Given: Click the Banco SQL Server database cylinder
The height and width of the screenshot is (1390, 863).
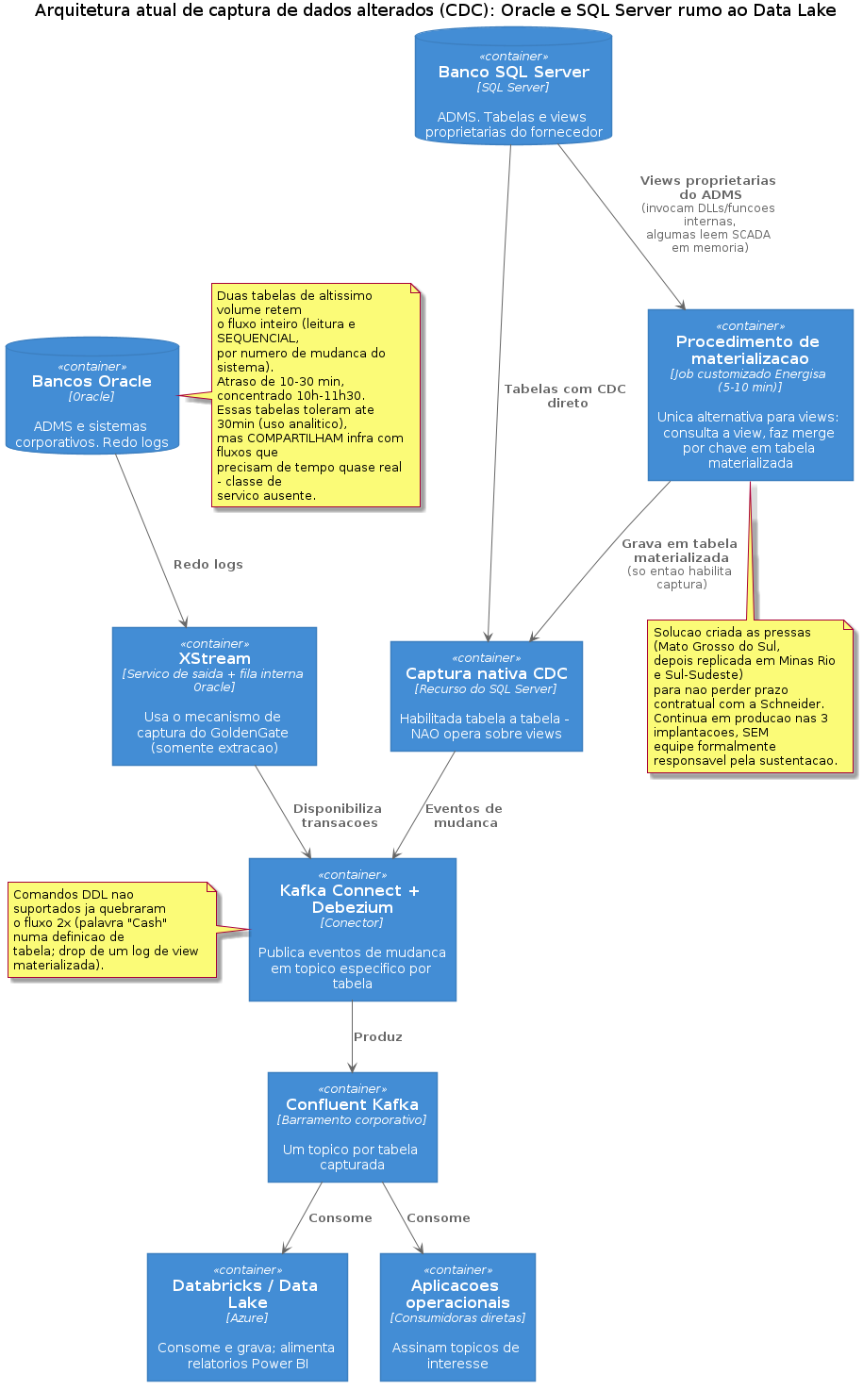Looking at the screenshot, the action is pyautogui.click(x=513, y=86).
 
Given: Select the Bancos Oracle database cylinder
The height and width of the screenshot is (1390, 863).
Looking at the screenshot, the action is pyautogui.click(x=91, y=395).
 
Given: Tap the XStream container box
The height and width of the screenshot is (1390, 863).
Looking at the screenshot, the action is pyautogui.click(x=214, y=696).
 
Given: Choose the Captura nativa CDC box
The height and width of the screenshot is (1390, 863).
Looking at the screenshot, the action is pyautogui.click(x=487, y=696).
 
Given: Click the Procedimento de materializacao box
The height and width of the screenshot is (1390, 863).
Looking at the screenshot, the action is pyautogui.click(x=750, y=395).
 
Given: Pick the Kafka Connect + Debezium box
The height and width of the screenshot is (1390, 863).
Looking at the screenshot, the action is pyautogui.click(x=353, y=930).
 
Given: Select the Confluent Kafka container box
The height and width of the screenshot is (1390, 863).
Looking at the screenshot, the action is pyautogui.click(x=353, y=1127).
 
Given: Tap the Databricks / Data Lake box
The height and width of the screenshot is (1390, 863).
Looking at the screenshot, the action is pyautogui.click(x=247, y=1316).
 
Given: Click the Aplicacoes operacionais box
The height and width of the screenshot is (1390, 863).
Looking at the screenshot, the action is pyautogui.click(x=457, y=1316).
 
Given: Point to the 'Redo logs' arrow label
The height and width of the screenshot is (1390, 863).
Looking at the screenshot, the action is pyautogui.click(x=207, y=565).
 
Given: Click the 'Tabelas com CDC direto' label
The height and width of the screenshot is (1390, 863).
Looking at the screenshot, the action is pyautogui.click(x=565, y=396).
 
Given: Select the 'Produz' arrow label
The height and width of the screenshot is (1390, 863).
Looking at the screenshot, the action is pyautogui.click(x=378, y=1037).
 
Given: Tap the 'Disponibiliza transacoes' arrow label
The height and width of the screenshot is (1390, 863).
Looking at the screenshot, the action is pyautogui.click(x=339, y=816).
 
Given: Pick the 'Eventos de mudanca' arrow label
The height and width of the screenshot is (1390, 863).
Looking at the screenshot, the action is pyautogui.click(x=464, y=816).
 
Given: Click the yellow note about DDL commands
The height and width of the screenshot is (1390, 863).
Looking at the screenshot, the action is pyautogui.click(x=112, y=930).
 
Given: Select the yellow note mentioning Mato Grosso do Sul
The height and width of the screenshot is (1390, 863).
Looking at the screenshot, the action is pyautogui.click(x=750, y=696).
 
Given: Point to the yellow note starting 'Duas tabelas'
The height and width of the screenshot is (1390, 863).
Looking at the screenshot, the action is pyautogui.click(x=316, y=395).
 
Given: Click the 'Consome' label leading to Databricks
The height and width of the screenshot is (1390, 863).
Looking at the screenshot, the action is pyautogui.click(x=340, y=1218).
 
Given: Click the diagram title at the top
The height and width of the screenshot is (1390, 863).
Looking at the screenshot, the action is pyautogui.click(x=435, y=10).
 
